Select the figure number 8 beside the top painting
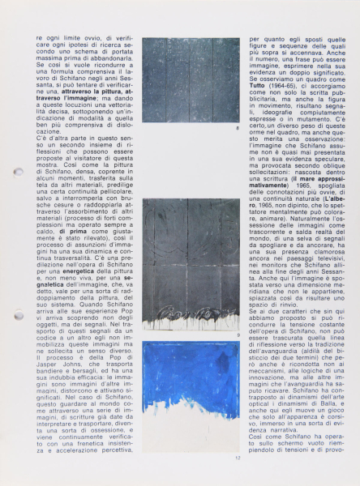237,128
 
